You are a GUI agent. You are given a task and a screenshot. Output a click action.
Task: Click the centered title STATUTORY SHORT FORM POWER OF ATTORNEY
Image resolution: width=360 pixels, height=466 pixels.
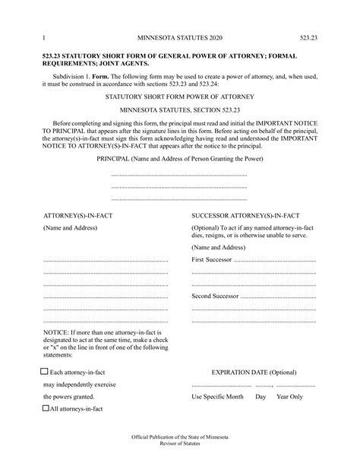coord(180,98)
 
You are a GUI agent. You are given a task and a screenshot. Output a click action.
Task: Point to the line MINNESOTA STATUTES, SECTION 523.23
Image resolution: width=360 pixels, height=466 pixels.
coord(180,111)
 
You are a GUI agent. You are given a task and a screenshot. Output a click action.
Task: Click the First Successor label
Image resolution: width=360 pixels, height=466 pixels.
coord(212,260)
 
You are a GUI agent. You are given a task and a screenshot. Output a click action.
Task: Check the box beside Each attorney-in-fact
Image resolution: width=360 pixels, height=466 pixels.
coord(44,372)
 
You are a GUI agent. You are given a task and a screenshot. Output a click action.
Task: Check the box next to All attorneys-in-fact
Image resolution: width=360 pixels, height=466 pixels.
coord(44,408)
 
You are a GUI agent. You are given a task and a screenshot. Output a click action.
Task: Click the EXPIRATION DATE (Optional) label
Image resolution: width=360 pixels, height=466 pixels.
coord(254,373)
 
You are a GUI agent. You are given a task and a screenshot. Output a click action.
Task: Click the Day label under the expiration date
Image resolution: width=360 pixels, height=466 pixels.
coord(261,397)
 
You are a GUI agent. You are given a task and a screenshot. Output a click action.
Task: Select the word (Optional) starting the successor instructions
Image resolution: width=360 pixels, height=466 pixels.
coord(207,228)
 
